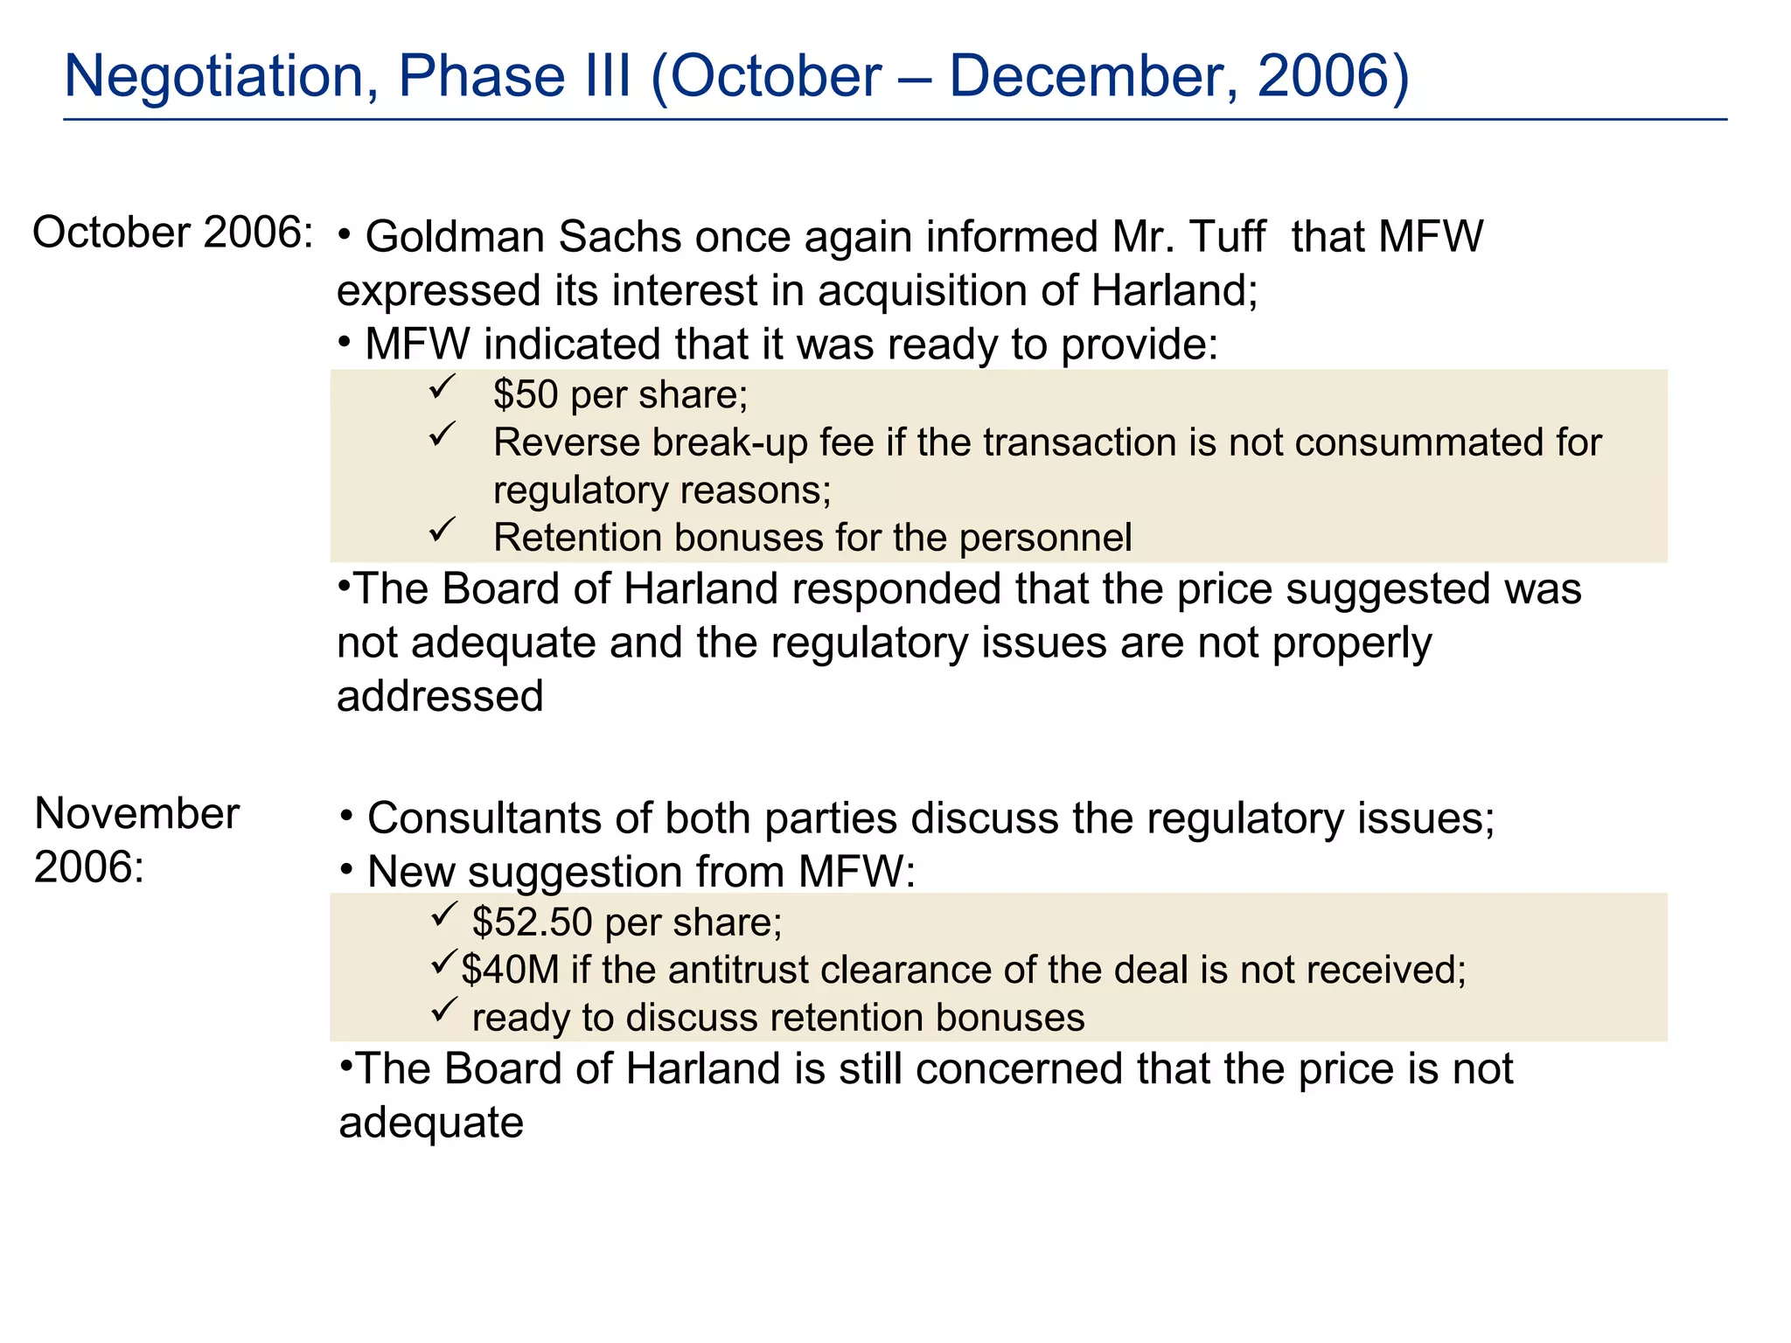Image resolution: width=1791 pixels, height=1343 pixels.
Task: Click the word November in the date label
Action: coord(136,814)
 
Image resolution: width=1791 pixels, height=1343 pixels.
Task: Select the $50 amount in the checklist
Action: coord(526,395)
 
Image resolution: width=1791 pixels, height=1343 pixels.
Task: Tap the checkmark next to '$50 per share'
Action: coord(443,387)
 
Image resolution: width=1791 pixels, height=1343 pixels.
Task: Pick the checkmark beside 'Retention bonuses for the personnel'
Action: coord(443,529)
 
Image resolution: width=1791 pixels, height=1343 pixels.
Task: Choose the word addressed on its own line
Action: coord(440,697)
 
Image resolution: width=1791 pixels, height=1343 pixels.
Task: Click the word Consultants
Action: coord(484,819)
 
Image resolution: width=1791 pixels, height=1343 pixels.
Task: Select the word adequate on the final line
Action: coord(431,1123)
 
